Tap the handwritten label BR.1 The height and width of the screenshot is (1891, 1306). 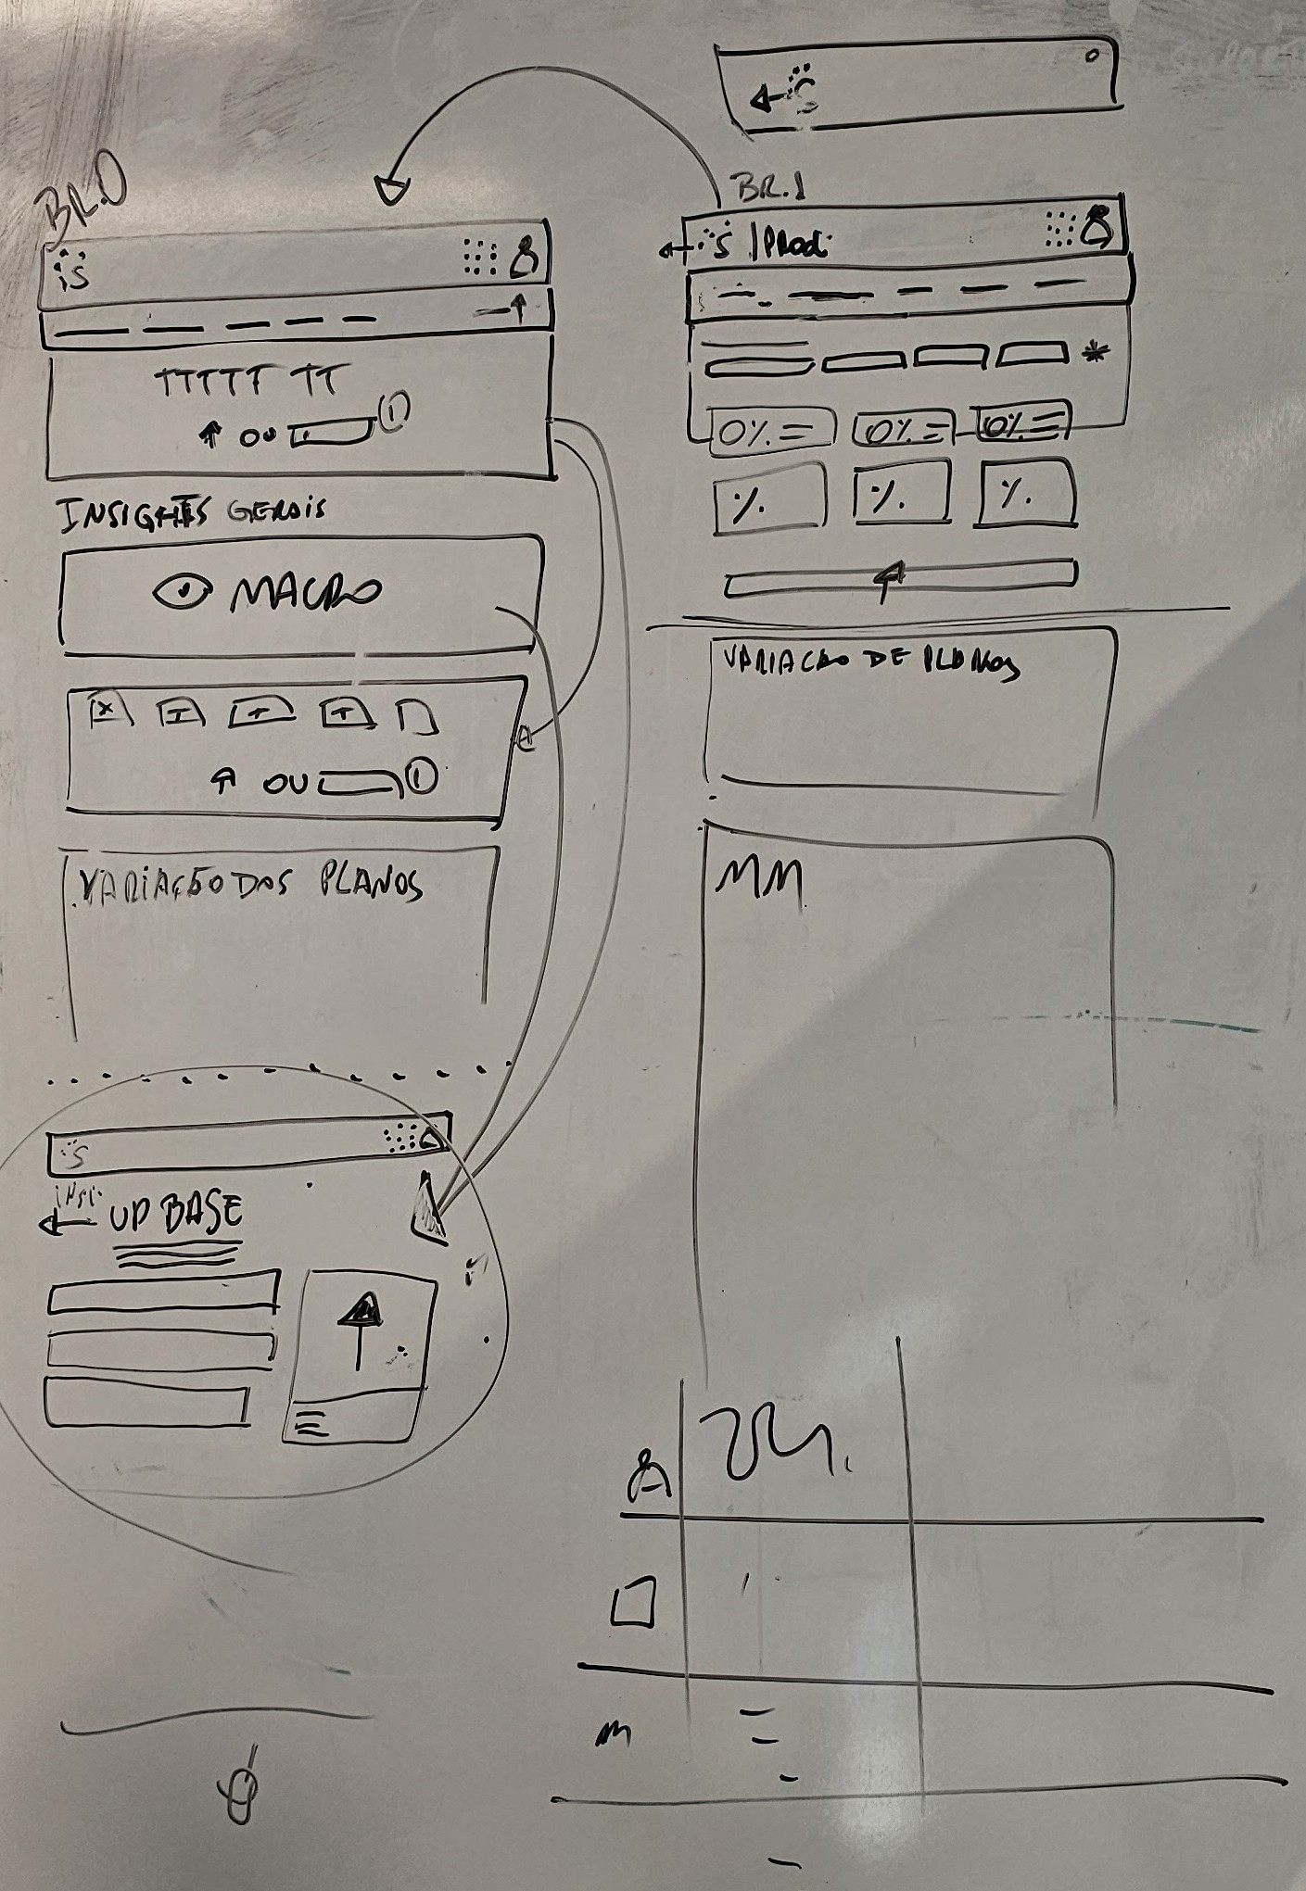coord(770,189)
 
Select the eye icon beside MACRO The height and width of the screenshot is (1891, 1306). coord(184,592)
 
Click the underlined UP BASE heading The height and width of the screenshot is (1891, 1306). coord(176,1215)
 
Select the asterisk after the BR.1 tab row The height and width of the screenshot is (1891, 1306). coord(1095,353)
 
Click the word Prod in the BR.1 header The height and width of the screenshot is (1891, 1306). coord(793,243)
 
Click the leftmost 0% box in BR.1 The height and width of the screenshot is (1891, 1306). coord(768,431)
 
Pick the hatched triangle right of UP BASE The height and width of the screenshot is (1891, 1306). coord(428,1209)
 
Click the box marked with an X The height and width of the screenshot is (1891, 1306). coord(106,709)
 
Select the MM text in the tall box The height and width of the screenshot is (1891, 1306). coord(758,880)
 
